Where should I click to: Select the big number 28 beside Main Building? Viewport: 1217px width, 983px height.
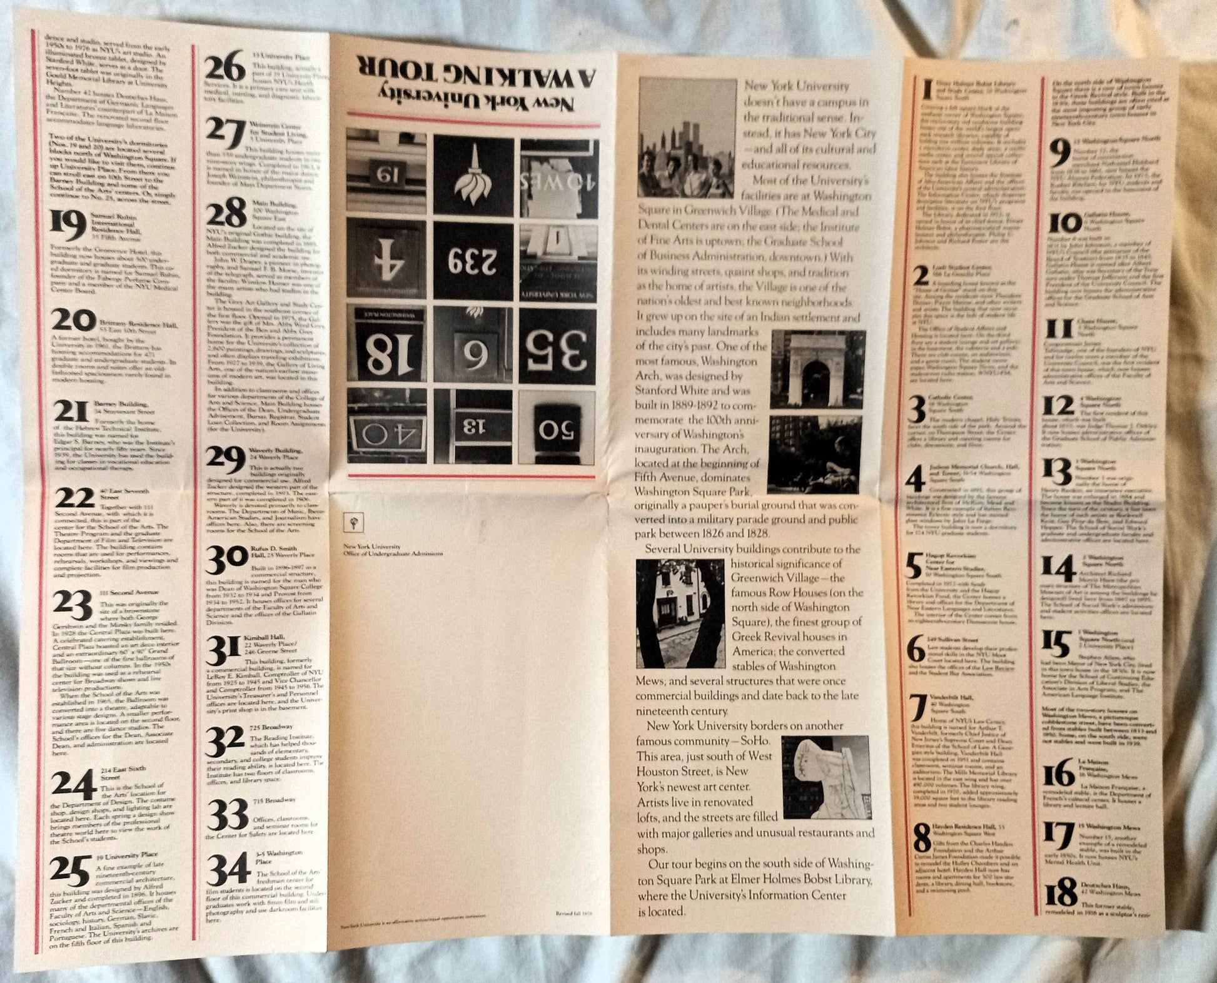coord(226,212)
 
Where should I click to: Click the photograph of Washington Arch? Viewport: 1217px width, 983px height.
coord(816,369)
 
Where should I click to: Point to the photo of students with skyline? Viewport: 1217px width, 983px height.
coord(687,138)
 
